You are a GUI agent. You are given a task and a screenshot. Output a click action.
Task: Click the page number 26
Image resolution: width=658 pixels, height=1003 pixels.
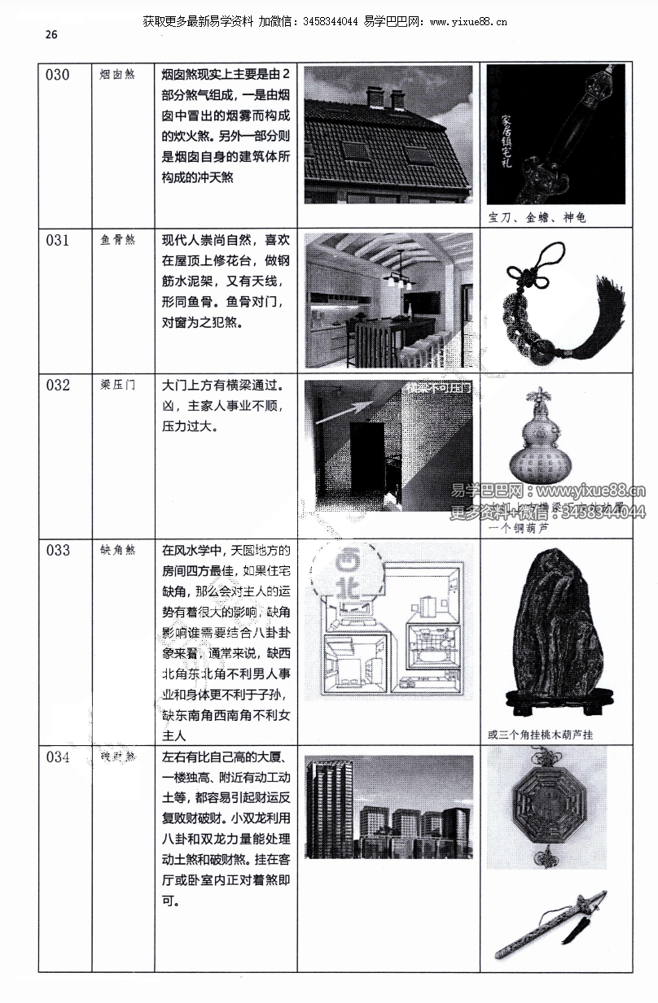(51, 34)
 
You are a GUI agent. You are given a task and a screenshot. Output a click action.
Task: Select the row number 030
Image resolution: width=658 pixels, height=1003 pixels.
(58, 76)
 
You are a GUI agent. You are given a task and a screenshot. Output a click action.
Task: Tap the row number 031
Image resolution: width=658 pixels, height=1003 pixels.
(58, 241)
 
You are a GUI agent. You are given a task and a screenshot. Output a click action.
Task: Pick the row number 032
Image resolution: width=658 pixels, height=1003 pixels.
(58, 386)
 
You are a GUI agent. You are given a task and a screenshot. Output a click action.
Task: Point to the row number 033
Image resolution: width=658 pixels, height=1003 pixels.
(58, 551)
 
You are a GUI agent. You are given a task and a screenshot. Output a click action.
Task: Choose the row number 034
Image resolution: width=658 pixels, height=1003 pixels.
(58, 758)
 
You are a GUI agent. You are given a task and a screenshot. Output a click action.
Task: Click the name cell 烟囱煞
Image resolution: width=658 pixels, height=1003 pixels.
(117, 76)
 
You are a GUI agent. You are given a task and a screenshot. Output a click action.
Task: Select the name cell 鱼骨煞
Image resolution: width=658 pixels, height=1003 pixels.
(117, 241)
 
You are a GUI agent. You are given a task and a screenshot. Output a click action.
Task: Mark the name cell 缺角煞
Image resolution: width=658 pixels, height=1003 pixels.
(117, 551)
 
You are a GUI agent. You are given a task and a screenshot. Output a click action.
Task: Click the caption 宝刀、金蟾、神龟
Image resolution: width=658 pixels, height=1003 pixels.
(537, 217)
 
